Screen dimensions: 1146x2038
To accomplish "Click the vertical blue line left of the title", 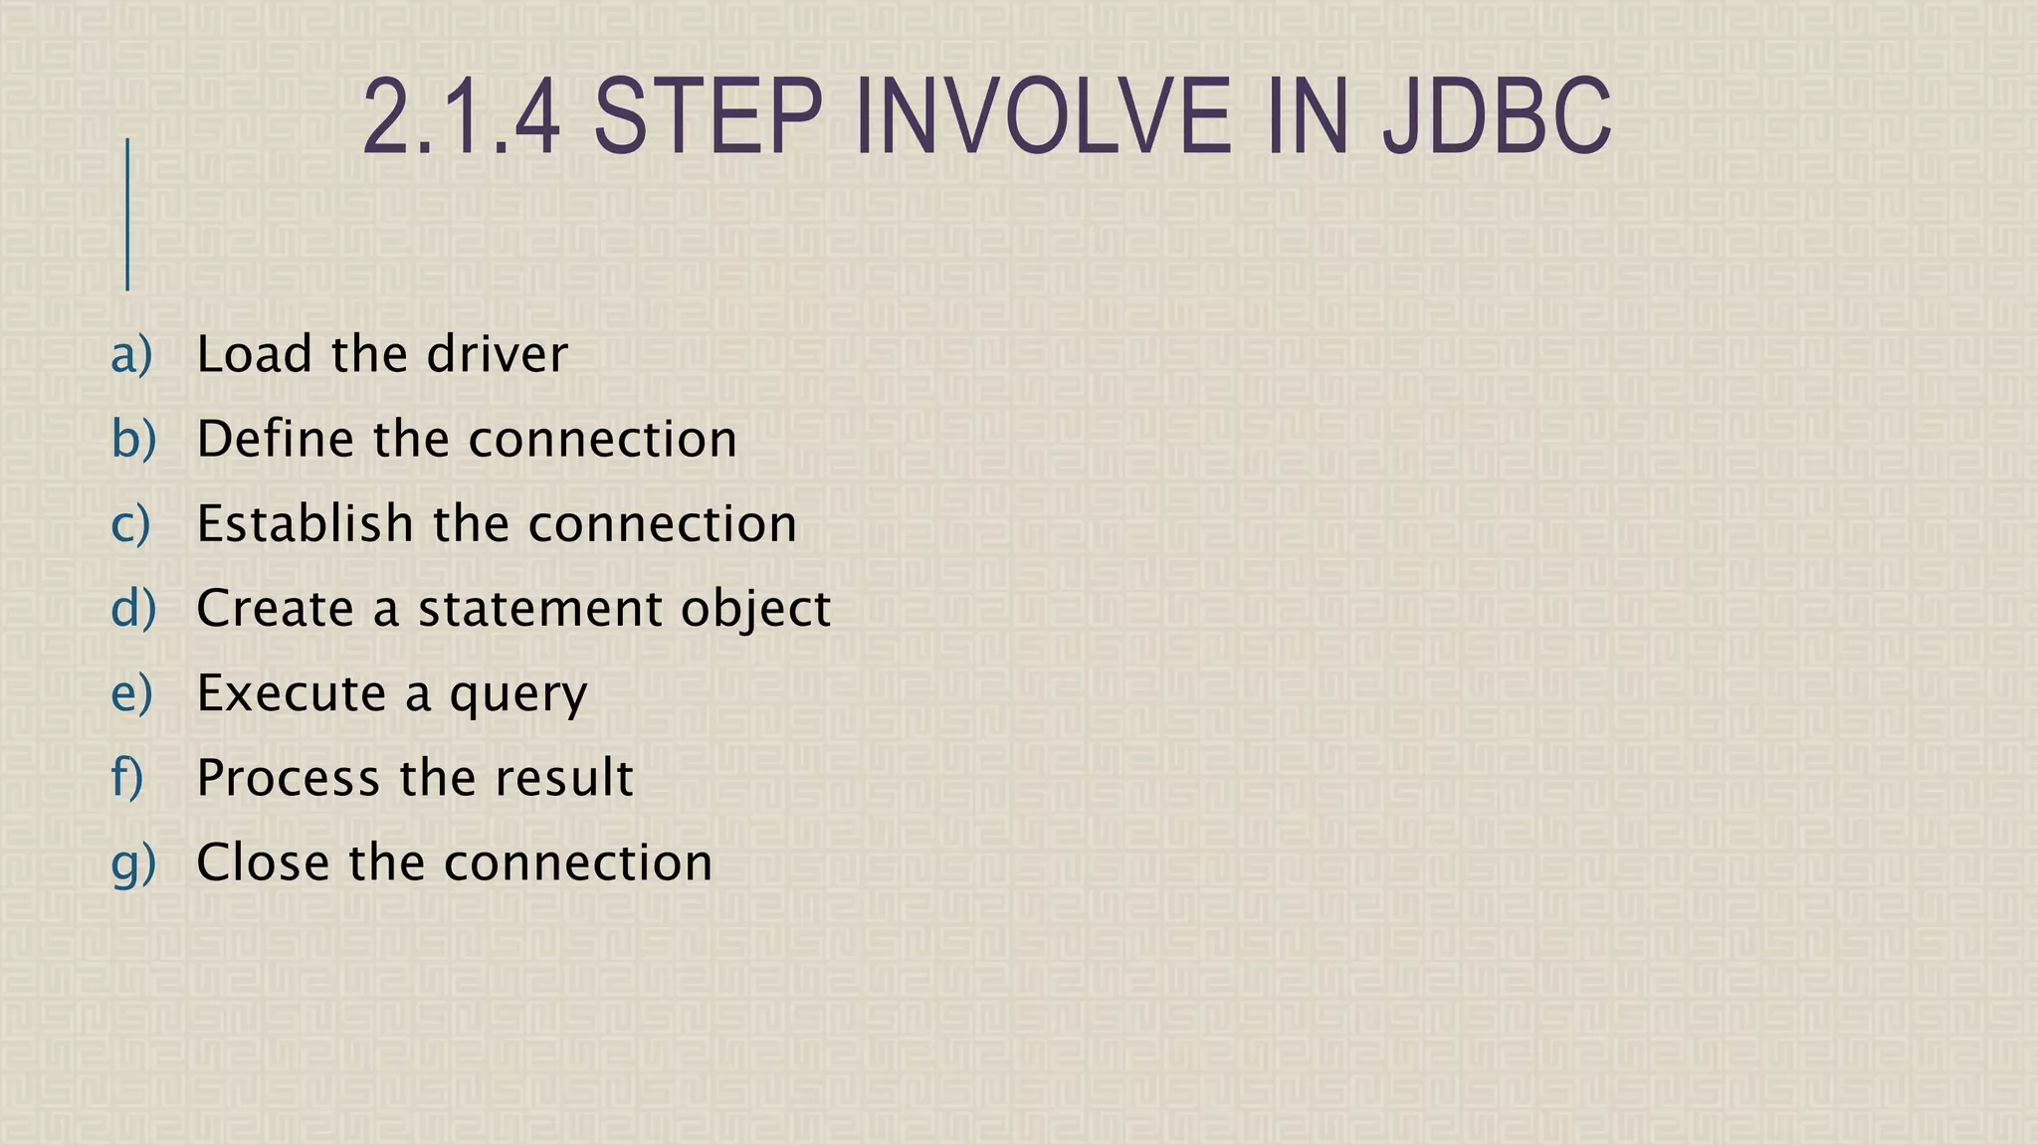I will tap(127, 214).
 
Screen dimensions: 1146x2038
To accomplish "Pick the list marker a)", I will tap(132, 354).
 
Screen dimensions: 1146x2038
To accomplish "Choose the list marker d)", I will tap(133, 608).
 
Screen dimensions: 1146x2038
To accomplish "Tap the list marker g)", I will tap(133, 862).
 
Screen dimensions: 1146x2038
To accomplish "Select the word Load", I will tap(254, 354).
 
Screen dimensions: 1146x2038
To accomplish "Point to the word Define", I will tap(275, 439).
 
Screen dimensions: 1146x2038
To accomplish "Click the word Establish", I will tap(305, 523).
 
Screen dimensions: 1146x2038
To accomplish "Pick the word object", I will tap(755, 610).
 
